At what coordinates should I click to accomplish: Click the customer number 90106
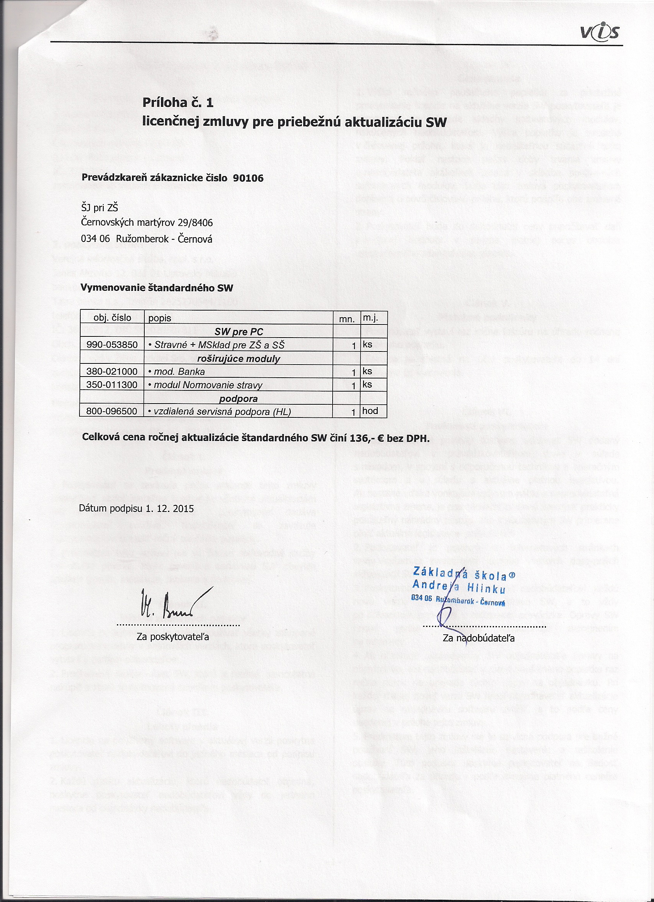click(x=248, y=178)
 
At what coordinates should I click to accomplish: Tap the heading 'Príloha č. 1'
click(x=178, y=103)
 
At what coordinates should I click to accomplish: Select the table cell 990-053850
click(x=112, y=345)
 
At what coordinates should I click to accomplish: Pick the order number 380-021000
click(x=112, y=372)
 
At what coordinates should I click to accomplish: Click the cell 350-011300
click(x=112, y=385)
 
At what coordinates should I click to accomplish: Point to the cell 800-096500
click(x=112, y=411)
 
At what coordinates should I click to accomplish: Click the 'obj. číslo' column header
click(x=112, y=318)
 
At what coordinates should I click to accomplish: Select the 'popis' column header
click(x=159, y=318)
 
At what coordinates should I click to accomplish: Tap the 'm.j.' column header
click(x=370, y=318)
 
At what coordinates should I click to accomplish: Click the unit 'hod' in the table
click(x=370, y=411)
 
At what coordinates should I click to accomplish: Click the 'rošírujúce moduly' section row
click(x=238, y=359)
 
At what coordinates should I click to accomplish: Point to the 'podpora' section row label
click(x=238, y=399)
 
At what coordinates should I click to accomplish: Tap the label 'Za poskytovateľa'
click(x=172, y=637)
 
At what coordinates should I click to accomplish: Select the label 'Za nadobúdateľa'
click(x=478, y=638)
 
